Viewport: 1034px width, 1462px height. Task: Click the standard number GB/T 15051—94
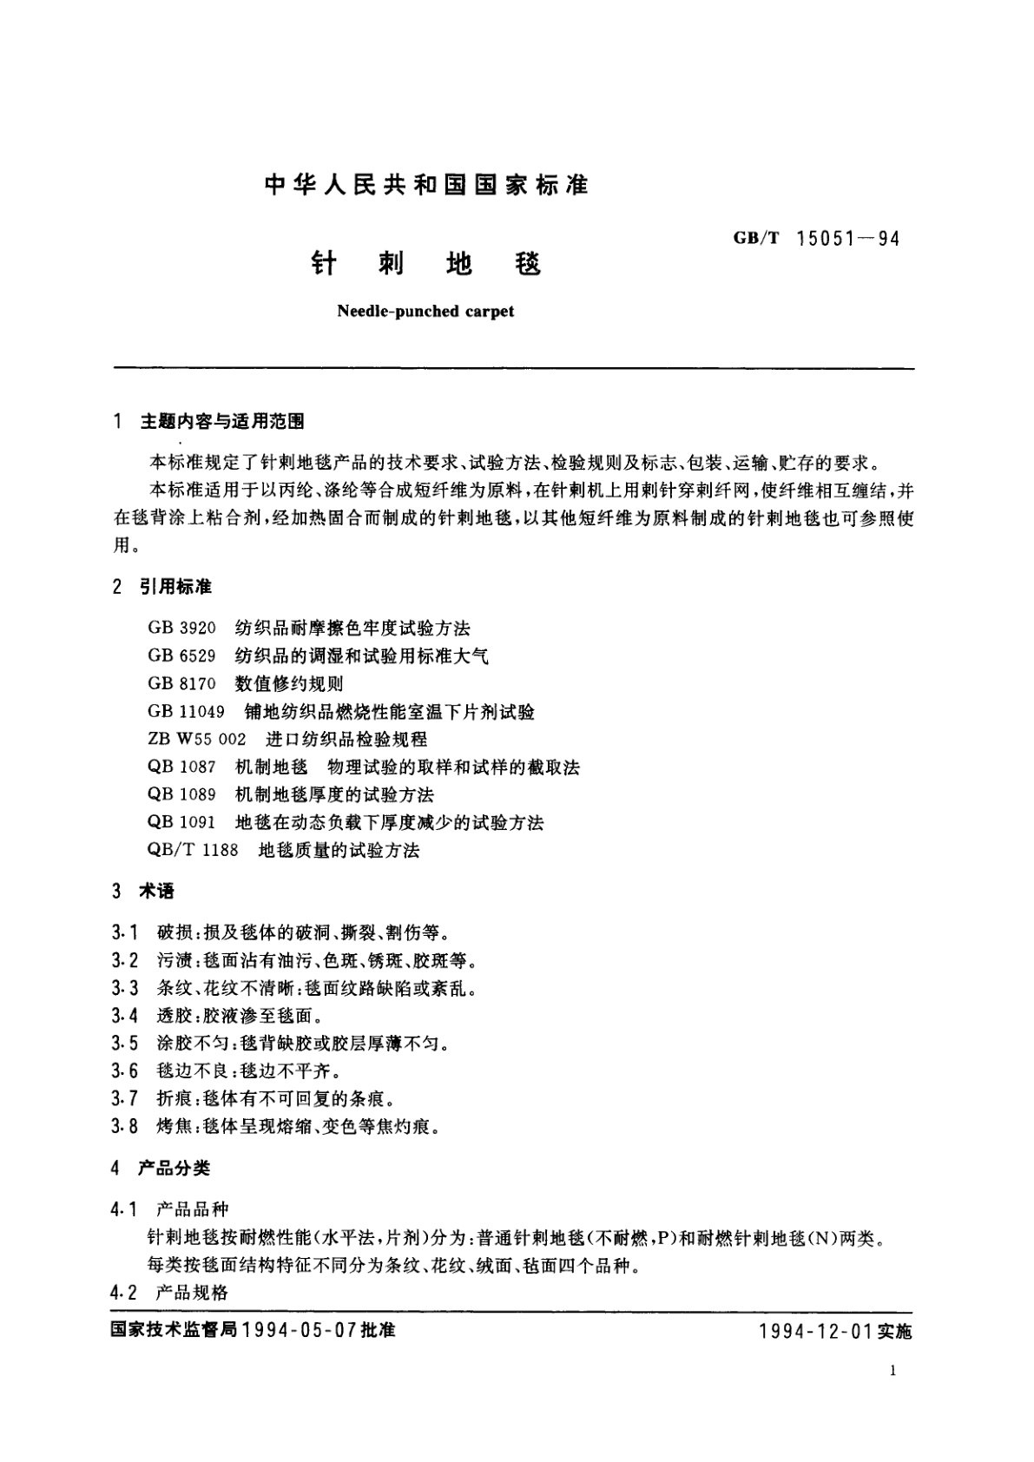click(x=816, y=238)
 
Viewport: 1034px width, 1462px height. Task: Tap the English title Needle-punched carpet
click(x=425, y=311)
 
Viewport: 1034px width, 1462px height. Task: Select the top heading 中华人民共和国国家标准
click(x=426, y=185)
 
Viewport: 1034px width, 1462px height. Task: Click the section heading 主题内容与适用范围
click(x=222, y=422)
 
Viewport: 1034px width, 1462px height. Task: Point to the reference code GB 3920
click(x=181, y=628)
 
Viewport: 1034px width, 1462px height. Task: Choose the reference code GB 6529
click(x=181, y=655)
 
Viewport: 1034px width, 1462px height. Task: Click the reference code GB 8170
click(x=181, y=683)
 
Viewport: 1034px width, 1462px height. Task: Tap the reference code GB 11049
click(x=186, y=711)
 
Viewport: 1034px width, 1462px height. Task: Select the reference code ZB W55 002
click(x=197, y=739)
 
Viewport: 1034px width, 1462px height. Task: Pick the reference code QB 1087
click(x=181, y=767)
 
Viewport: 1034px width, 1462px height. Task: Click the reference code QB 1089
click(x=181, y=794)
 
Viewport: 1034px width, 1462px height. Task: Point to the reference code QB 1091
click(x=181, y=822)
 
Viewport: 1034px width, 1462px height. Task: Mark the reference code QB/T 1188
click(x=193, y=850)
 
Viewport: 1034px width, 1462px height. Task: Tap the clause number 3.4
click(x=125, y=1015)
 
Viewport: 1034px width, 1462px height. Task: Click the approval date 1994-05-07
click(x=297, y=1330)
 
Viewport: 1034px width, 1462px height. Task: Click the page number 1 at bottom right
click(x=892, y=1371)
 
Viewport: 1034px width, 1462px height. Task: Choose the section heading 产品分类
click(x=175, y=1168)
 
